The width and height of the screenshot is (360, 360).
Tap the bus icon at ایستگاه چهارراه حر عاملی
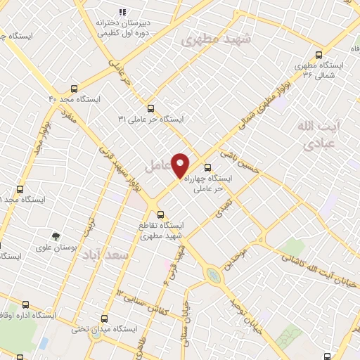(x=207, y=167)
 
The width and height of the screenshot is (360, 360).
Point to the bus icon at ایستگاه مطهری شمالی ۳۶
(x=320, y=54)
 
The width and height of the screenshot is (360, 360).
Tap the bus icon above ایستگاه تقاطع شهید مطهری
(x=161, y=214)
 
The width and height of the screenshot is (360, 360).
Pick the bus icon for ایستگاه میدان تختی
(x=105, y=319)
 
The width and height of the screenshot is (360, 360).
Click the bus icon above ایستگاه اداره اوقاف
(x=26, y=305)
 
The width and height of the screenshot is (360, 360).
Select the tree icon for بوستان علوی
(x=56, y=236)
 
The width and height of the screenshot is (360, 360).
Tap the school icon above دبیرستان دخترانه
(x=122, y=12)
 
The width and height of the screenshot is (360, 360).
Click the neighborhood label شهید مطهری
(x=216, y=39)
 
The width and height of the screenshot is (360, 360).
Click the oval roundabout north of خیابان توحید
(x=213, y=274)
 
